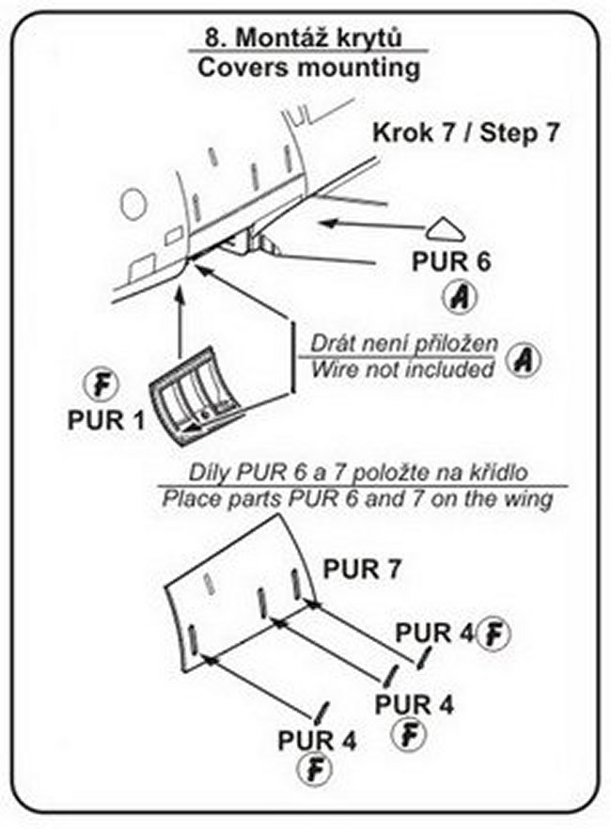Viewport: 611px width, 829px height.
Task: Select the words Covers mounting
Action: coord(305,68)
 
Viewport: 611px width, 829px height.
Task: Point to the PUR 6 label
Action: coord(451,262)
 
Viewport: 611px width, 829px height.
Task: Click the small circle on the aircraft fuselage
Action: coord(133,203)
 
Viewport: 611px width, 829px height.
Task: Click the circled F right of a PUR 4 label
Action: coord(493,634)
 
